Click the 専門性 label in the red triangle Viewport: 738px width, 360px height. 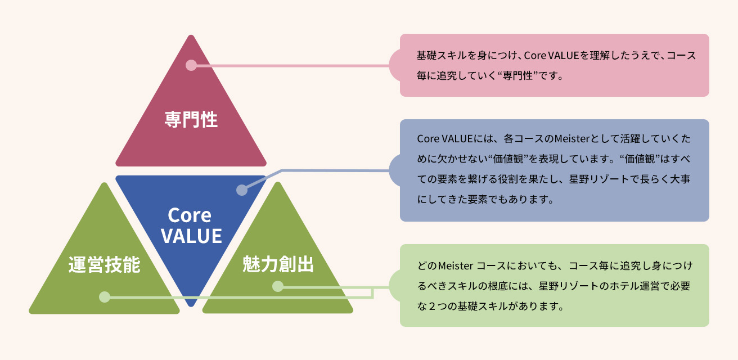pyautogui.click(x=191, y=119)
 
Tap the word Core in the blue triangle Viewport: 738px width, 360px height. pyautogui.click(x=190, y=215)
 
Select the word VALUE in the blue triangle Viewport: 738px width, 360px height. pyautogui.click(x=191, y=236)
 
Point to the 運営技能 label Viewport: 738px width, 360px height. pyautogui.click(x=104, y=264)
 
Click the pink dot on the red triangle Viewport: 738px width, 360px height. pyautogui.click(x=191, y=65)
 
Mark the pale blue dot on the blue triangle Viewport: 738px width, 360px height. pyautogui.click(x=241, y=190)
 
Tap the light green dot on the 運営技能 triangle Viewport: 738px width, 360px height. pyautogui.click(x=104, y=297)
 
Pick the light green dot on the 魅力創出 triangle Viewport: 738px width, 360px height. pyautogui.click(x=277, y=286)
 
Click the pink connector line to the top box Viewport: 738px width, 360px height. pyautogui.click(x=292, y=65)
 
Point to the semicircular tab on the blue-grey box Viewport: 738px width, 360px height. pyautogui.click(x=395, y=170)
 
